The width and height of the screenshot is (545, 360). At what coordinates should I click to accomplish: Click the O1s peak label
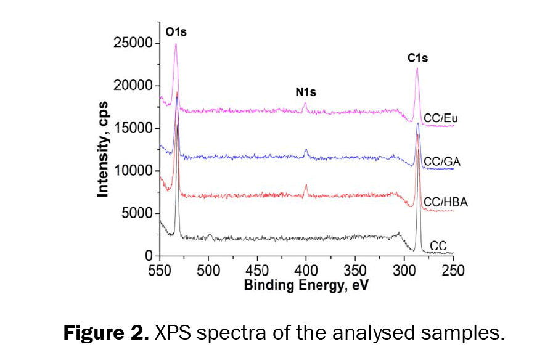(x=176, y=31)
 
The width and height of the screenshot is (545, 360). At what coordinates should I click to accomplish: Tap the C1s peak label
(x=417, y=59)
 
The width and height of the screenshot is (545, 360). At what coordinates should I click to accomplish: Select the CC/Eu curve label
(x=439, y=118)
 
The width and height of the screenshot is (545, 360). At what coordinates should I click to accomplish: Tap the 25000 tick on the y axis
(x=133, y=44)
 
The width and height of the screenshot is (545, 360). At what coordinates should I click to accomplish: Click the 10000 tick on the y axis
(x=133, y=171)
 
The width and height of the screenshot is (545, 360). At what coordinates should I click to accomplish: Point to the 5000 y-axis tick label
(x=137, y=213)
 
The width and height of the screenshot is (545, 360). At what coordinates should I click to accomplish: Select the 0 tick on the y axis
(x=148, y=255)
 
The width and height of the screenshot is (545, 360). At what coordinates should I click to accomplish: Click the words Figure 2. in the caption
(x=105, y=334)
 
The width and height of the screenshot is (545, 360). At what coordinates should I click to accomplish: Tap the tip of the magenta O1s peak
(x=176, y=44)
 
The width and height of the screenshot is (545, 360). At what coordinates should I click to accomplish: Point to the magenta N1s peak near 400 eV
(x=305, y=104)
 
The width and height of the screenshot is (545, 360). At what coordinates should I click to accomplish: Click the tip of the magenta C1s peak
(x=417, y=68)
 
